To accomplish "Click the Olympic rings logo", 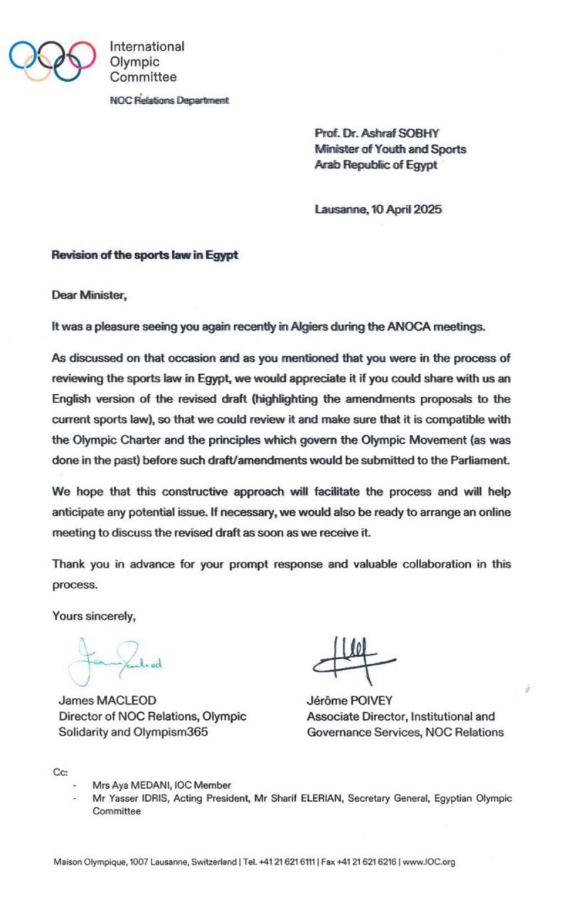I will pyautogui.click(x=52, y=60).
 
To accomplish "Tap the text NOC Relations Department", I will pyautogui.click(x=169, y=101).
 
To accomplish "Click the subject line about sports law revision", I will pyautogui.click(x=144, y=255).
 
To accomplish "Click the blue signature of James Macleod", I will pyautogui.click(x=117, y=659).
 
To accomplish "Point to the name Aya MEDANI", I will pyautogui.click(x=142, y=785).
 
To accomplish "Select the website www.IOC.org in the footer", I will pyautogui.click(x=429, y=862).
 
